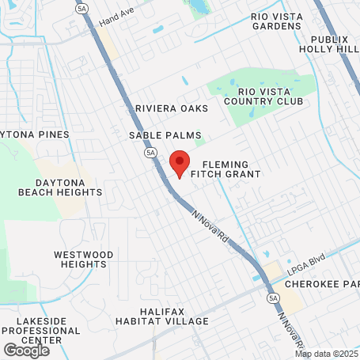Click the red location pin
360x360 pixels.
tap(180, 162)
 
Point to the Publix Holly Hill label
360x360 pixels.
tap(330, 43)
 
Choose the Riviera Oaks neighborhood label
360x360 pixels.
tap(171, 108)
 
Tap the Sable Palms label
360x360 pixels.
tap(165, 135)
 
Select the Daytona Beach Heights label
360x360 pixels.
tap(51, 187)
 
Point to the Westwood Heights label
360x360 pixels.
tap(83, 259)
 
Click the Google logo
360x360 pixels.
tap(26, 349)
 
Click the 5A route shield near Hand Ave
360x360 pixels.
tap(83, 8)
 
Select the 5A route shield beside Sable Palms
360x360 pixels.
tap(150, 152)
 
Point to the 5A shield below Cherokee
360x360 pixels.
tap(273, 297)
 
